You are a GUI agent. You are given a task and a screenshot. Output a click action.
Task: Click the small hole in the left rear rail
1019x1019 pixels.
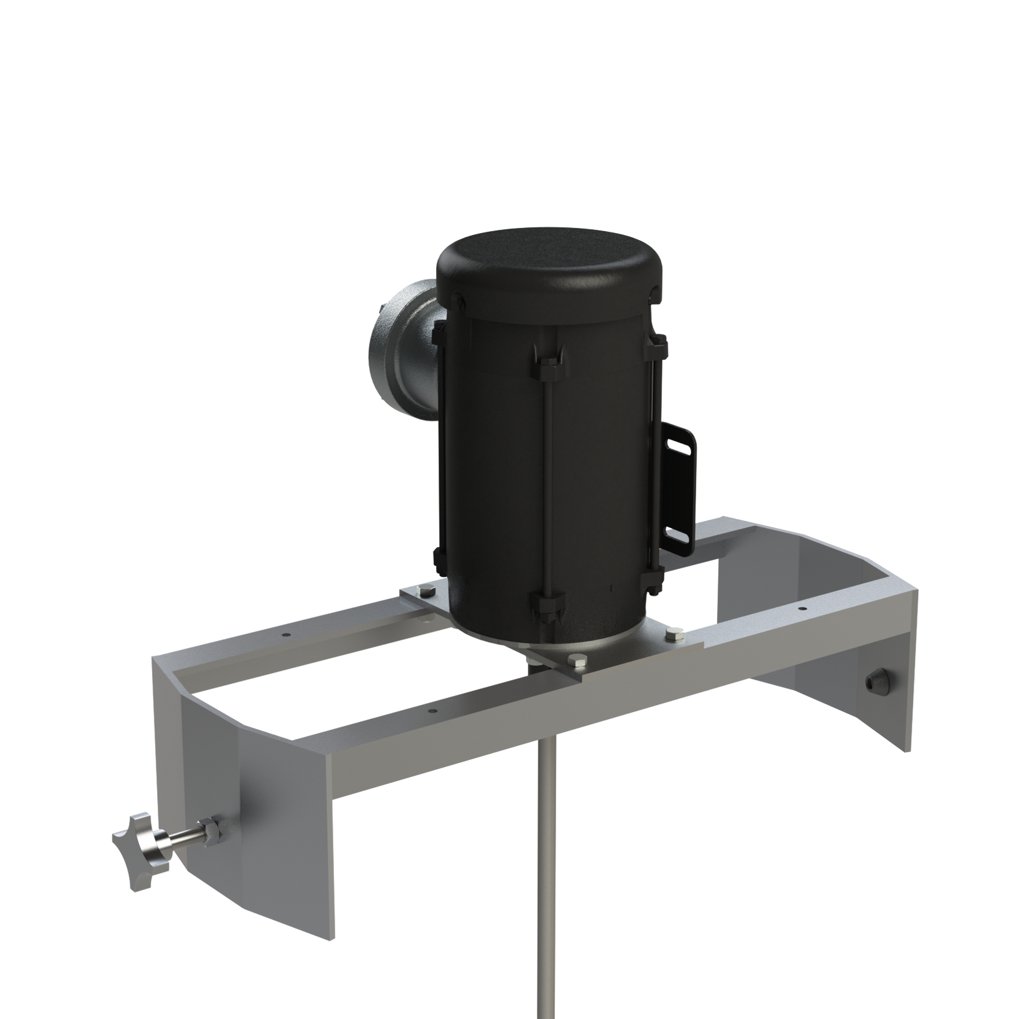(x=285, y=637)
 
